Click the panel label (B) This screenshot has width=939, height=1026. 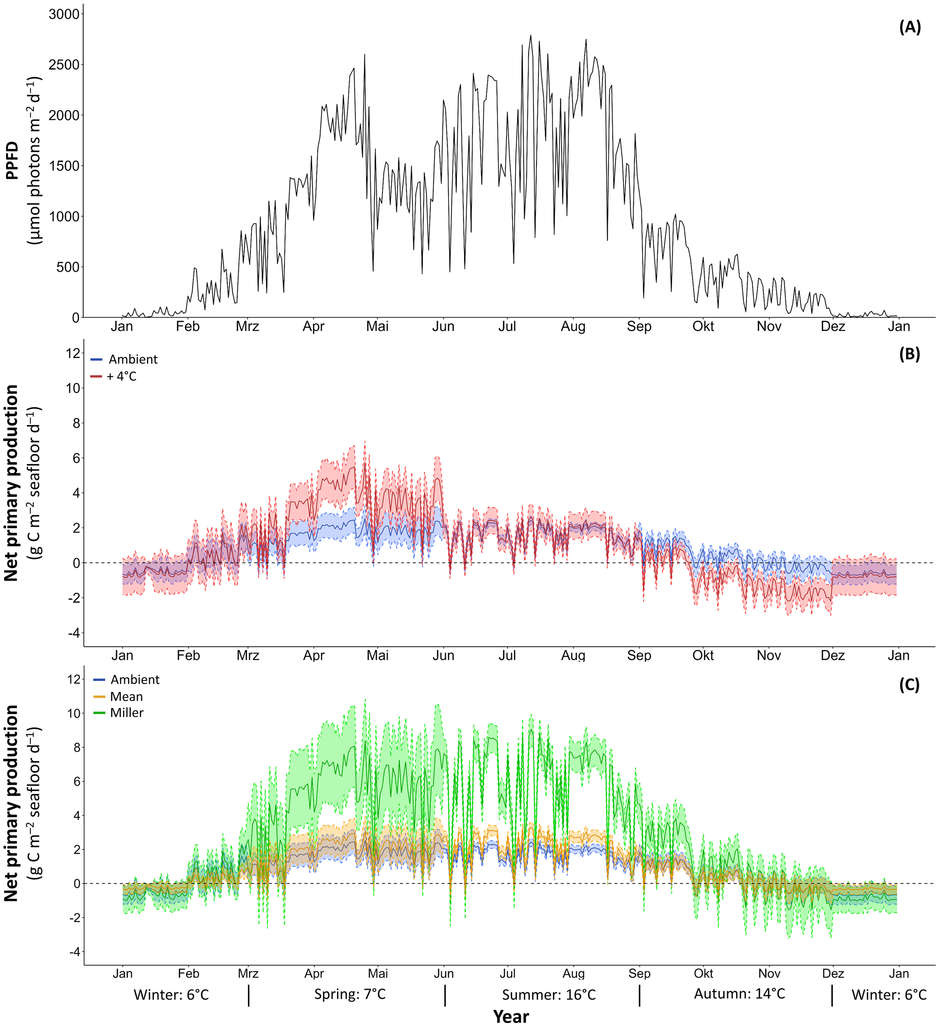click(x=909, y=354)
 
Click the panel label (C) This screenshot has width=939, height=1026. click(x=909, y=685)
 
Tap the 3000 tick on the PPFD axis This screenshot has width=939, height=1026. click(x=64, y=14)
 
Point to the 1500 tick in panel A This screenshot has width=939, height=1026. click(x=64, y=166)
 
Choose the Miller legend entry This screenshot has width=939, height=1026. click(x=126, y=713)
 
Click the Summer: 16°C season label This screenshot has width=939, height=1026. click(x=549, y=995)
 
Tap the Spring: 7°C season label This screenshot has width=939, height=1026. click(x=350, y=994)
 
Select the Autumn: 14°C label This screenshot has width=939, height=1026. click(x=739, y=994)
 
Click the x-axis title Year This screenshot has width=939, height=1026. click(x=511, y=1016)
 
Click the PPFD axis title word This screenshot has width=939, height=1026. click(x=12, y=161)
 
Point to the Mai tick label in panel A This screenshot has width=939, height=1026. click(x=377, y=327)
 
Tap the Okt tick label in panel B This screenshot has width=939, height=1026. click(x=703, y=655)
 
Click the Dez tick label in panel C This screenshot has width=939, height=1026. click(x=833, y=973)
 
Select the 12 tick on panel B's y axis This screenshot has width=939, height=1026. click(x=74, y=353)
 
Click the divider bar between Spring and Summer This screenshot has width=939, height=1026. click(x=445, y=996)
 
